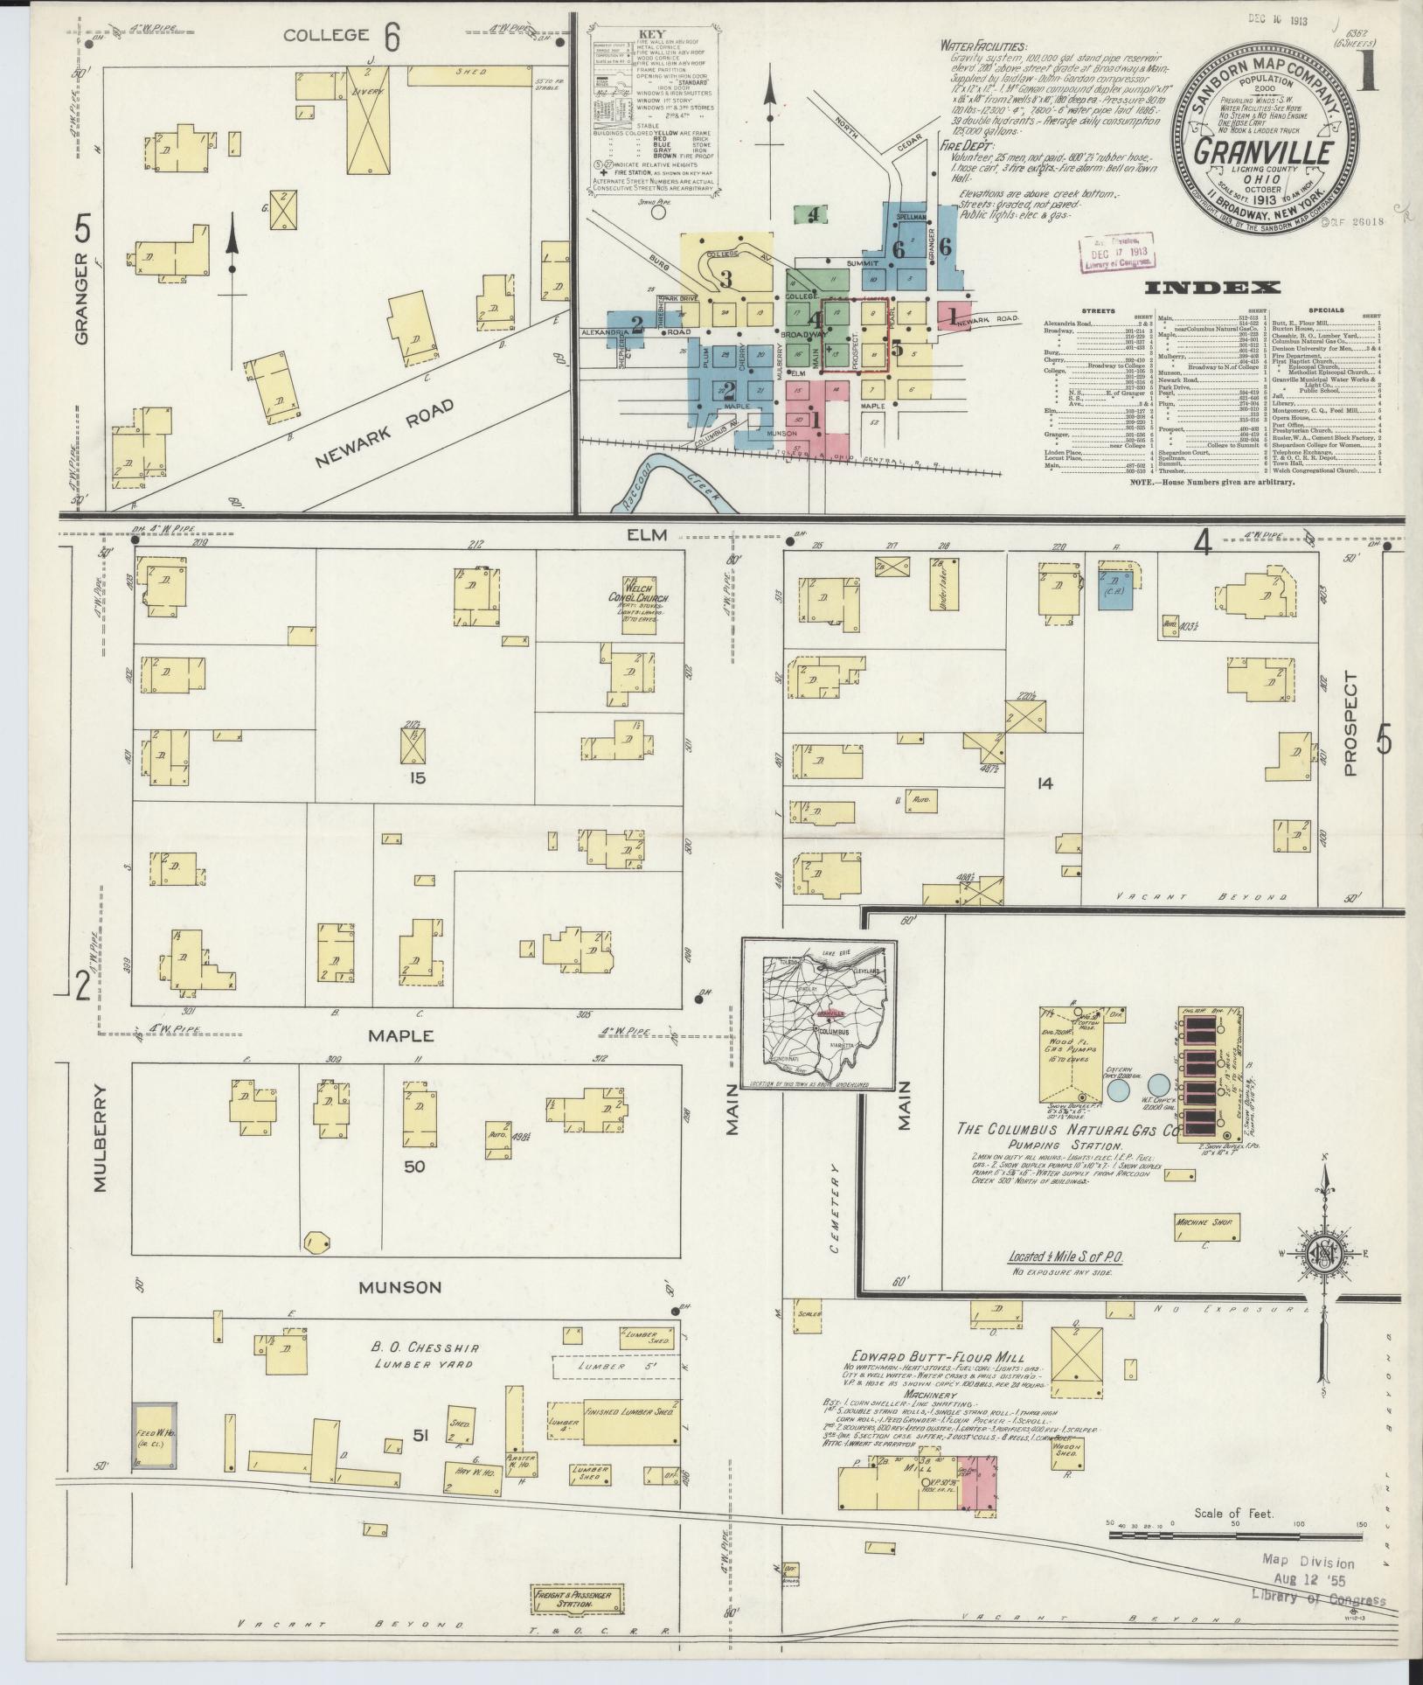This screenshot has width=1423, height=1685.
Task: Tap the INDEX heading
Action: pos(1211,288)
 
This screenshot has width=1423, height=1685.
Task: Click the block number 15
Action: pos(419,776)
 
